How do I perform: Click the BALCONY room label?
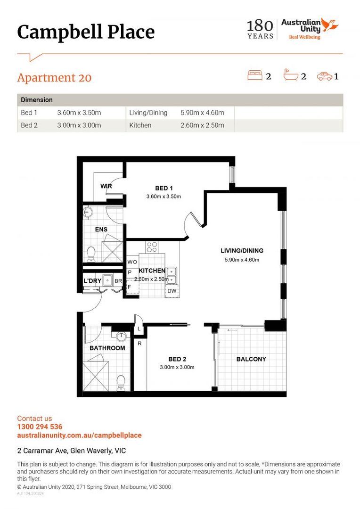251,359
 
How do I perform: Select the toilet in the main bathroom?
121,382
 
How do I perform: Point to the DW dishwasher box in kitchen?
172,291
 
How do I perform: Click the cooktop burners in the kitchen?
152,246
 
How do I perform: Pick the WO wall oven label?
132,262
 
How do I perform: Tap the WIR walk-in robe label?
106,186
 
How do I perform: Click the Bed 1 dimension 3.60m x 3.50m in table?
79,113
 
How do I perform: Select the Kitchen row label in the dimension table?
140,125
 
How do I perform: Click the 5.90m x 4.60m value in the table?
202,113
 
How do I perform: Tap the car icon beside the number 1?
324,75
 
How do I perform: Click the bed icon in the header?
255,75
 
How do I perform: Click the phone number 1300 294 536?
40,427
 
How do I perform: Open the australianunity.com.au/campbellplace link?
79,435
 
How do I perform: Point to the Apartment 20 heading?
54,78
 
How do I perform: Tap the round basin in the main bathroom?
122,337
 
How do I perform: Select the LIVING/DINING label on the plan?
242,251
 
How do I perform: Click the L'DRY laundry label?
93,281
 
